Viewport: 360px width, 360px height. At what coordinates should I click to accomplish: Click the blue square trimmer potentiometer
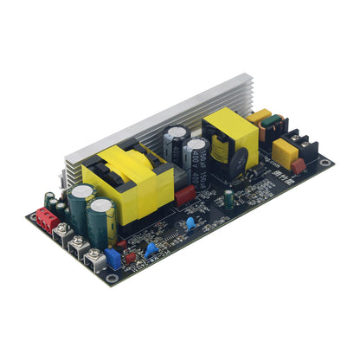[112, 258]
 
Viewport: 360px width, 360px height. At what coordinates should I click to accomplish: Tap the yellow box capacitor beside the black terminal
[281, 153]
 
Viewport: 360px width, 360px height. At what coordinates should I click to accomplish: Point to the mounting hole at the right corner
[324, 162]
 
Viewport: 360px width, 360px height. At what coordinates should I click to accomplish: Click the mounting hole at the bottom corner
[112, 280]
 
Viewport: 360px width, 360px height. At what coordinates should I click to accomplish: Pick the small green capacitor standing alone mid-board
[228, 198]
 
